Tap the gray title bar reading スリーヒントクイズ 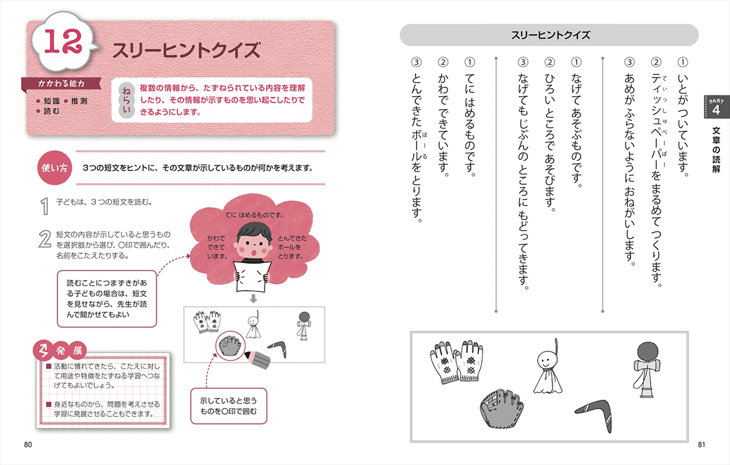coord(550,35)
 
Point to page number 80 coord(28,444)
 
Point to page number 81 coord(701,444)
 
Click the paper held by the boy coord(252,275)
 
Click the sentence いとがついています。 coord(682,118)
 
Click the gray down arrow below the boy coord(253,299)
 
